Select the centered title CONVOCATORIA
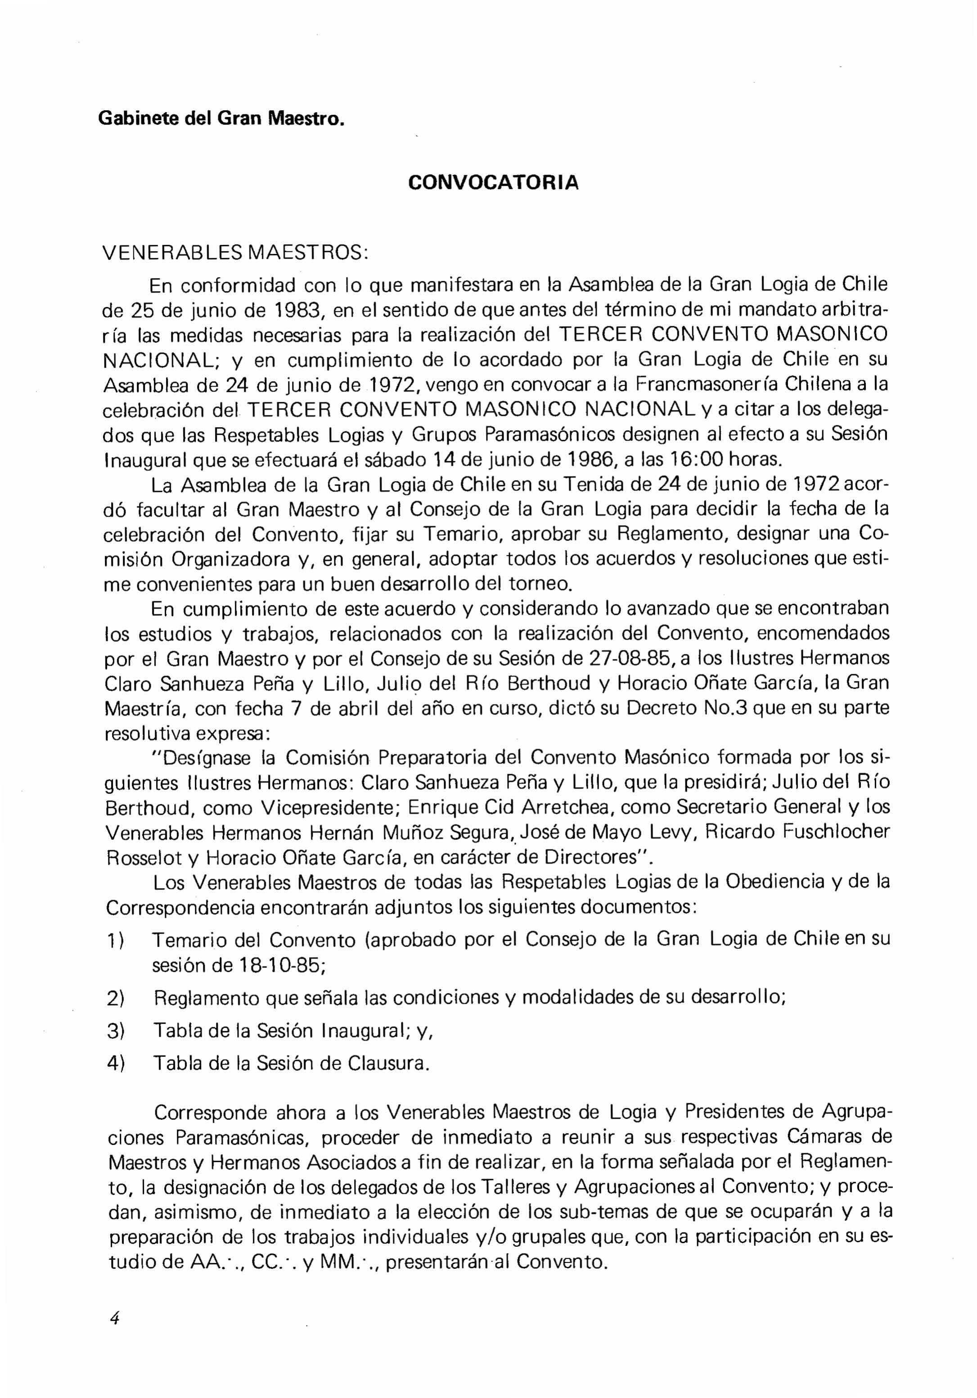[x=493, y=183]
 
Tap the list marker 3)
[x=116, y=1030]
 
